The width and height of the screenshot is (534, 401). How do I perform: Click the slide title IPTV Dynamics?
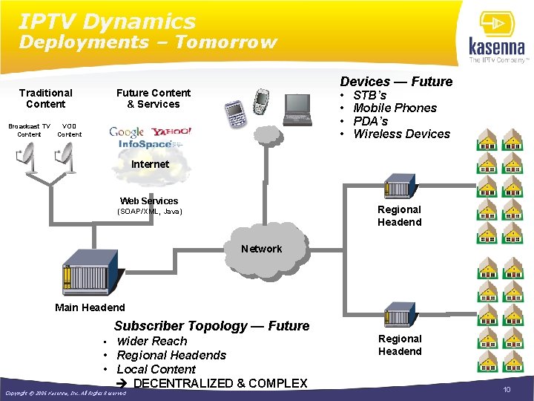tap(108, 22)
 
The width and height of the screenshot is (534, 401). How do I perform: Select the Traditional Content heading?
tap(46, 99)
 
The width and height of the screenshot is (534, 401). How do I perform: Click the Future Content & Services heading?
tap(154, 99)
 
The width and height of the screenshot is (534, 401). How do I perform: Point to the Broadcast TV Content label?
tap(30, 131)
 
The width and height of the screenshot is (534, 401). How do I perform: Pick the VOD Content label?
tap(70, 131)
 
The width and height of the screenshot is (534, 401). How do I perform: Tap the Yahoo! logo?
tap(170, 131)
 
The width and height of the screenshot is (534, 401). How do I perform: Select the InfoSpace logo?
tap(145, 144)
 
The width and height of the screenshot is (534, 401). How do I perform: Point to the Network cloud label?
tap(261, 249)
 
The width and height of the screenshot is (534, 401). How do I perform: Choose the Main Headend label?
tap(90, 307)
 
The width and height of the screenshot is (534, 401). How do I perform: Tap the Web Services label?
tap(149, 201)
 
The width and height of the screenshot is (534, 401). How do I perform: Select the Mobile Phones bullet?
tap(395, 108)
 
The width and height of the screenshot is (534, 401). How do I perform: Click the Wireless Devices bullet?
tap(401, 134)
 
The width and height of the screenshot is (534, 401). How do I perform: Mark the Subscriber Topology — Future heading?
tap(211, 326)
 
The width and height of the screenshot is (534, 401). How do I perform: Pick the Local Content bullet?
tap(156, 369)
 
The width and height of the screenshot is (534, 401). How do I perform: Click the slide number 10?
tap(507, 390)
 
